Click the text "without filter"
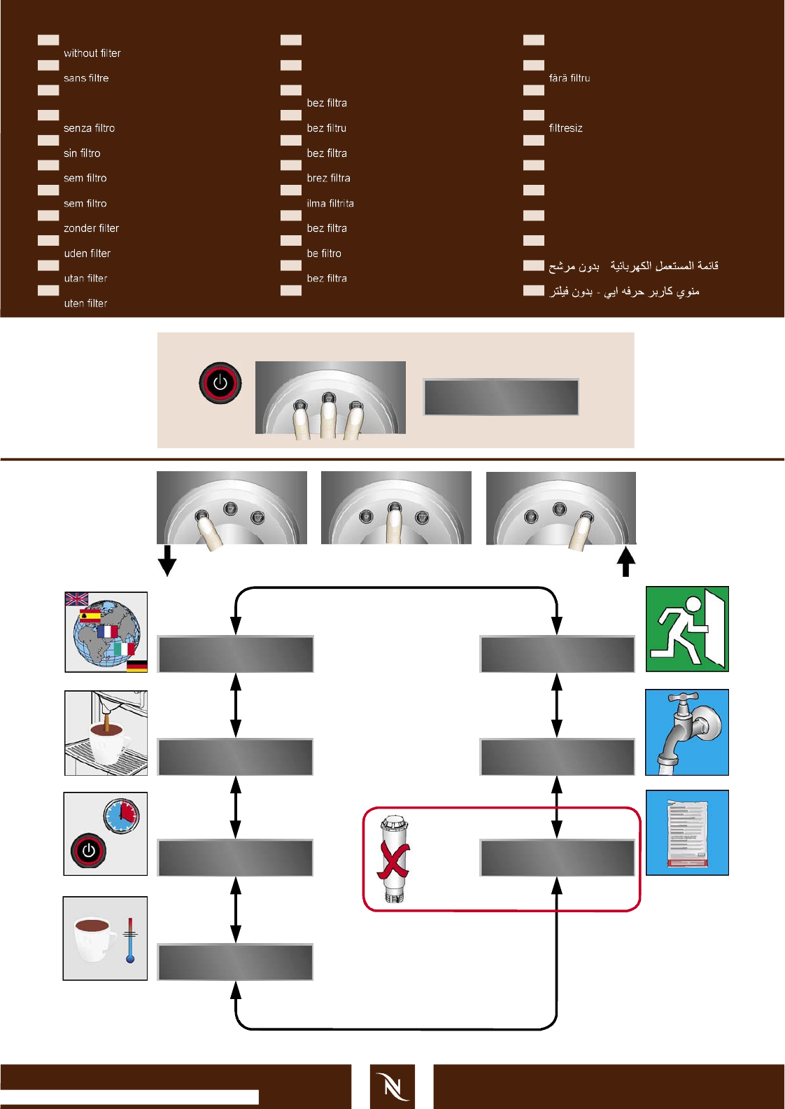(x=92, y=53)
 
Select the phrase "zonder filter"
(x=91, y=228)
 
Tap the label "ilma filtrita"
(x=330, y=204)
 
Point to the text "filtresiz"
(x=565, y=128)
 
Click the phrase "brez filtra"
(x=328, y=179)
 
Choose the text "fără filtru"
(x=570, y=78)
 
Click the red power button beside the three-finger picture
(x=220, y=383)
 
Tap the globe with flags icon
(x=106, y=632)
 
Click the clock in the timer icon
(x=122, y=814)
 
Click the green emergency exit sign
(x=687, y=629)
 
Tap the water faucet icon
(x=687, y=732)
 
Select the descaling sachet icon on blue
(x=687, y=833)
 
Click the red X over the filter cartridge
(x=393, y=860)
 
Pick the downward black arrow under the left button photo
(x=167, y=561)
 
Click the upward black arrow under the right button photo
(x=626, y=561)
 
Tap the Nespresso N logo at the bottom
(x=392, y=1087)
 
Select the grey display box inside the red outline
(x=557, y=858)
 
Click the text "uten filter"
(x=85, y=304)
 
